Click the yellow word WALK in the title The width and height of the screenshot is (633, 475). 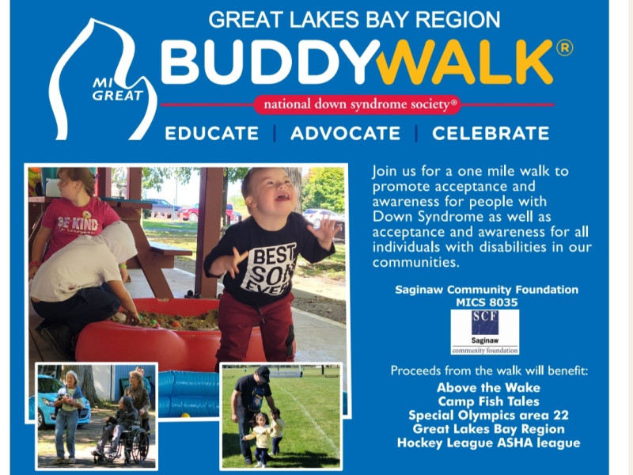pyautogui.click(x=464, y=62)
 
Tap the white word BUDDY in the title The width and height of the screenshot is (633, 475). pyautogui.click(x=270, y=62)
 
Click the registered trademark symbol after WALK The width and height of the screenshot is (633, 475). pyautogui.click(x=564, y=47)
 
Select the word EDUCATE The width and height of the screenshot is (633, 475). pyautogui.click(x=211, y=133)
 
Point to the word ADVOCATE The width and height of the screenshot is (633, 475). pyautogui.click(x=345, y=133)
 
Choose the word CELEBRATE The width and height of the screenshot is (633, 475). pyautogui.click(x=491, y=133)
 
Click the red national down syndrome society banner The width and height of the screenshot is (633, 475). pyautogui.click(x=358, y=104)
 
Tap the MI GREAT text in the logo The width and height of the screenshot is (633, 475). pyautogui.click(x=117, y=89)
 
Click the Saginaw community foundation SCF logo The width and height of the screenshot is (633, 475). pyautogui.click(x=485, y=332)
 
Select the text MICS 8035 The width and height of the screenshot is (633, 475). pyautogui.click(x=487, y=302)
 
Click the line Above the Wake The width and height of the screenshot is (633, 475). pyautogui.click(x=488, y=388)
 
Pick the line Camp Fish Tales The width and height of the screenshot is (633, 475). pyautogui.click(x=488, y=401)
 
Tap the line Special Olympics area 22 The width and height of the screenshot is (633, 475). pyautogui.click(x=488, y=415)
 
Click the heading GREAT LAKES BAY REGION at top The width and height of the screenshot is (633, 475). pyautogui.click(x=354, y=20)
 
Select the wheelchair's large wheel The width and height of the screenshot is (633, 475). pyautogui.click(x=138, y=446)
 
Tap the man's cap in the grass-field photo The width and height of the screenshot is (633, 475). pyautogui.click(x=263, y=374)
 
